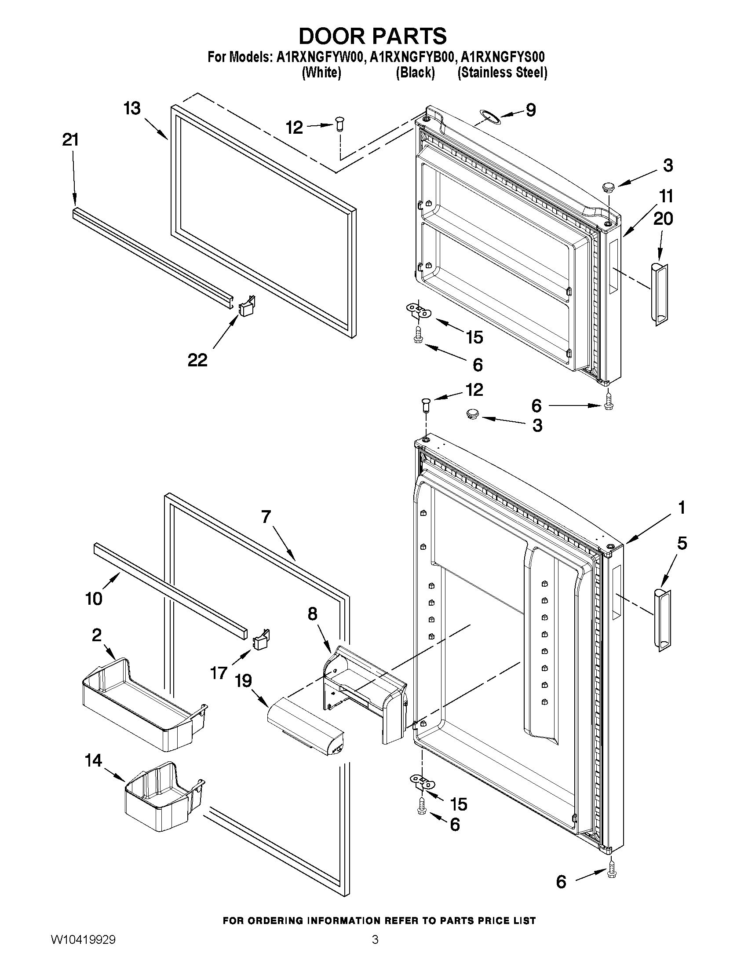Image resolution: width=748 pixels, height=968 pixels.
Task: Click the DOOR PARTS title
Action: (372, 36)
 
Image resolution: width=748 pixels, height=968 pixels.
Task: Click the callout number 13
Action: (132, 109)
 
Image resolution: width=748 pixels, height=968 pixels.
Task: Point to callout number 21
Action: (70, 140)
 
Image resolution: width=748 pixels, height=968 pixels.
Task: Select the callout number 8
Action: (312, 614)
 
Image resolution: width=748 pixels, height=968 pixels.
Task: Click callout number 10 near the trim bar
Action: (94, 599)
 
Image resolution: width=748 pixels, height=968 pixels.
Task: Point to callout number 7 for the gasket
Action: (266, 517)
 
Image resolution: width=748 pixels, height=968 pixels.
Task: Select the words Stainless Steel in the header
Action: (502, 72)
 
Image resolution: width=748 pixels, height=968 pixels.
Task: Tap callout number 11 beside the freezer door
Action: (666, 196)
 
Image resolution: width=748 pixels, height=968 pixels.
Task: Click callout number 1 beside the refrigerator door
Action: (682, 508)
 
